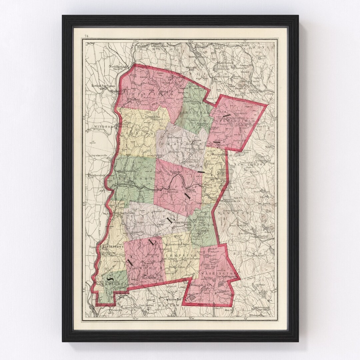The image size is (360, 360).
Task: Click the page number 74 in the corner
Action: pos(87,36)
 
